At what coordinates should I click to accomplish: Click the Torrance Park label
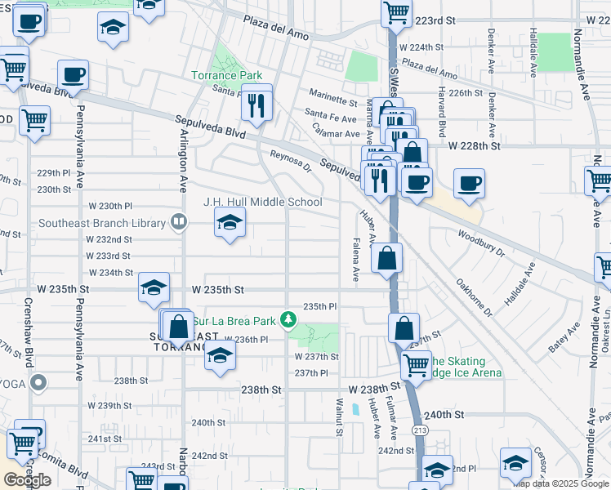pos(226,76)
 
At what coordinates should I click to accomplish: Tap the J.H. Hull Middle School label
pos(262,202)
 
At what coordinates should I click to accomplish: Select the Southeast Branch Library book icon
pos(177,220)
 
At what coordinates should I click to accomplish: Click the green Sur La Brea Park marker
pos(288,319)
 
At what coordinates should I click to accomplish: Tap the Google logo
pos(28,480)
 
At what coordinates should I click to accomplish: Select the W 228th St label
pos(474,145)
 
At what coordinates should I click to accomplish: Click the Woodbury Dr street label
pos(482,238)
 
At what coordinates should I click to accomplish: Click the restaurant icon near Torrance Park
pos(256,104)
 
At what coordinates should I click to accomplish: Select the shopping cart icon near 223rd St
pos(396,12)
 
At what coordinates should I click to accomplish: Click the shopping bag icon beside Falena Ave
pos(387,259)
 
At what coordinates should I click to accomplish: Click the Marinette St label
pos(331,103)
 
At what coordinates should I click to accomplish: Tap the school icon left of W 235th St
pos(154,288)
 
